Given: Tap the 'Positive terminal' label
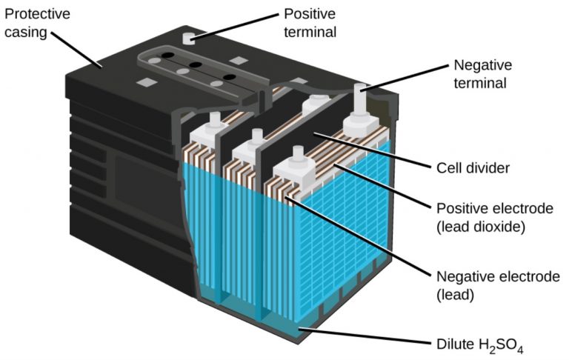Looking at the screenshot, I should (310, 23).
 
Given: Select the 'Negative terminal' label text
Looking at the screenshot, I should (481, 73).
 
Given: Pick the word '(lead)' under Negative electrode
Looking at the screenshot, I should (454, 294).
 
